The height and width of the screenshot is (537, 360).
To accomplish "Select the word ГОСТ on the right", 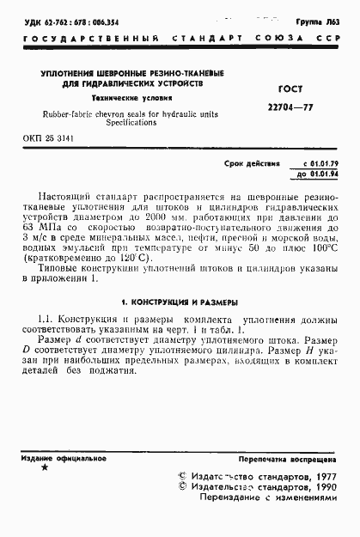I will (292, 88).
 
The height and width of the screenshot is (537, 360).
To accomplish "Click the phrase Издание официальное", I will (52, 459).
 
